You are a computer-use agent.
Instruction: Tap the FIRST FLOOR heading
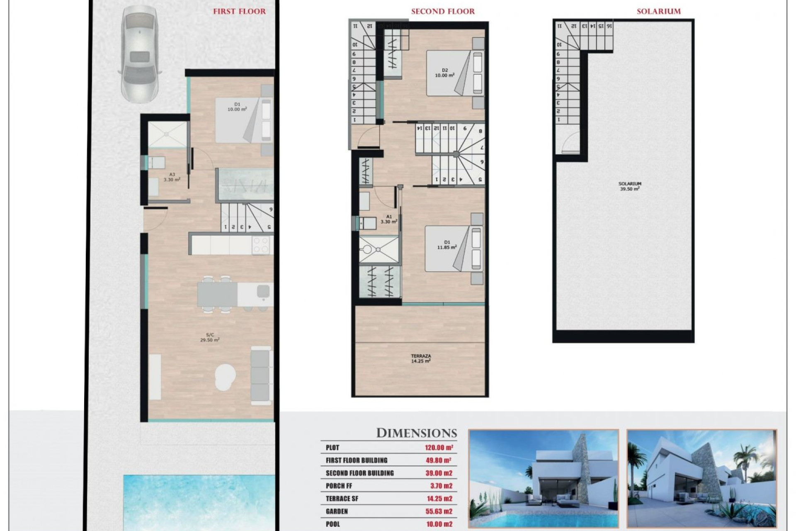(239, 12)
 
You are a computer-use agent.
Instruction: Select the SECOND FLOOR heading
(443, 12)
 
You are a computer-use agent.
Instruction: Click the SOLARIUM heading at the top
(658, 12)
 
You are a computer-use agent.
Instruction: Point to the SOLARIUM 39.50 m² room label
(630, 186)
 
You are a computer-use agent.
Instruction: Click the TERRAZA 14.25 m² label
(421, 358)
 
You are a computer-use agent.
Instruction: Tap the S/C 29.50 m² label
(210, 337)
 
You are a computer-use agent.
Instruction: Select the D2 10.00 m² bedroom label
(445, 73)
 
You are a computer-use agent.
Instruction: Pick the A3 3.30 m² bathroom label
(172, 177)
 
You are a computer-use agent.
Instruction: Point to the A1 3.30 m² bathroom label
(389, 219)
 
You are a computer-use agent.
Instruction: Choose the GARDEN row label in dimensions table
(337, 512)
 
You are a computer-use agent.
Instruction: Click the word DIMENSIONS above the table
(416, 433)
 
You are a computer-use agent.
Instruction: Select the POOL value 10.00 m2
(439, 524)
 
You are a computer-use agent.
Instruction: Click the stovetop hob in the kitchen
(261, 245)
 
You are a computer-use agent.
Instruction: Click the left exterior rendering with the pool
(543, 479)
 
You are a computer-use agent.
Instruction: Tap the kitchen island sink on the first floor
(263, 291)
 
